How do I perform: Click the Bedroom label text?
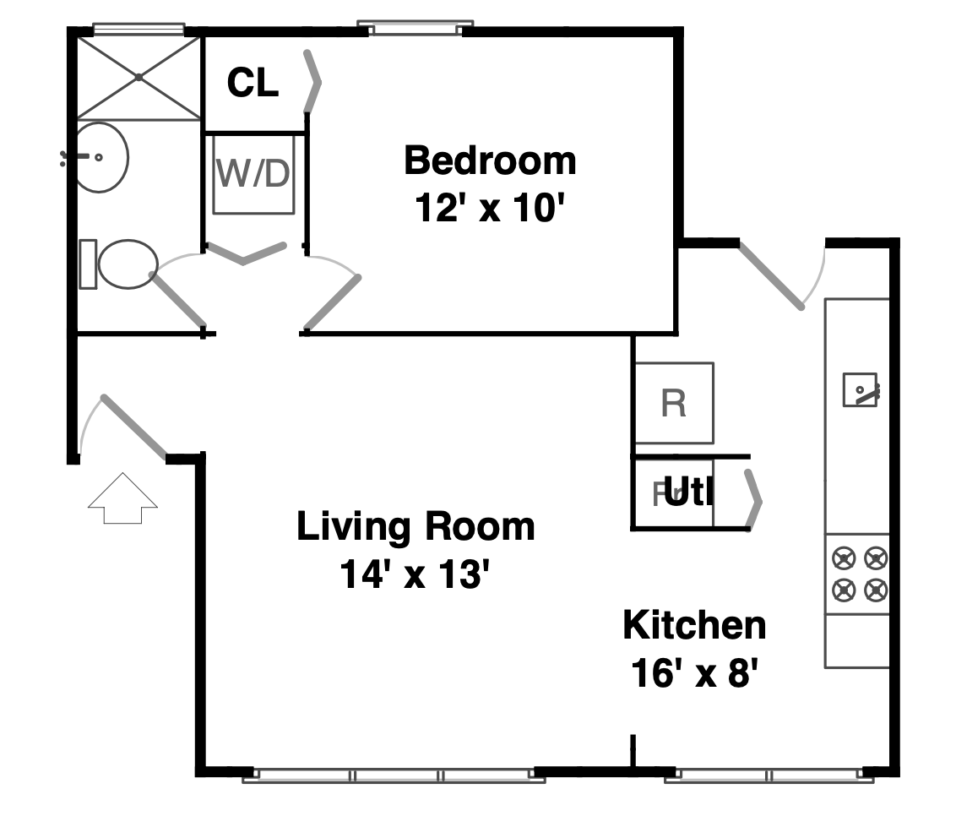pos(490,160)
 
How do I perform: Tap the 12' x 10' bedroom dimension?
pos(489,208)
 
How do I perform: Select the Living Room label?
pos(416,526)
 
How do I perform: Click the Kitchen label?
pos(694,625)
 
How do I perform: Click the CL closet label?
pos(253,84)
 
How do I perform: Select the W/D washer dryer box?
pos(253,174)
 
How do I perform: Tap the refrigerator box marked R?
pos(673,404)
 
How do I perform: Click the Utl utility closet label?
pos(688,493)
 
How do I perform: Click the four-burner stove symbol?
pos(857,574)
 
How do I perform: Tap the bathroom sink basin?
pos(100,157)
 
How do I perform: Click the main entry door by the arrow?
pos(133,427)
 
